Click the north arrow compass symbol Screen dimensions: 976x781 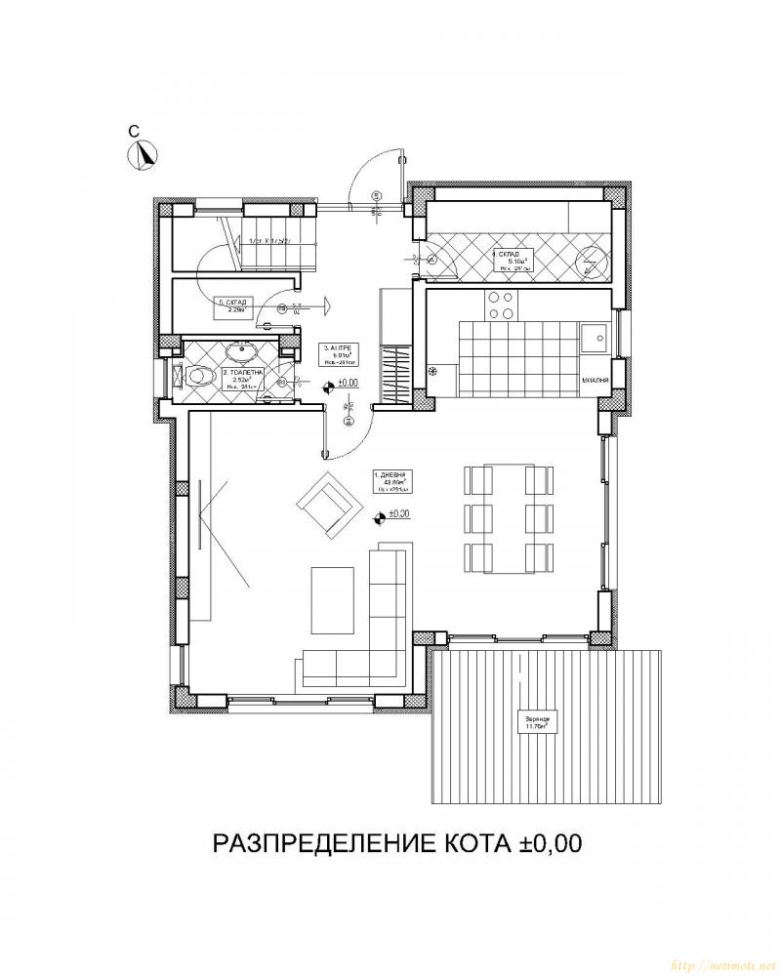pos(146,154)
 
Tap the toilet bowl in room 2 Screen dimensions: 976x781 pos(200,375)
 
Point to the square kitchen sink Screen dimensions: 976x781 pos(592,338)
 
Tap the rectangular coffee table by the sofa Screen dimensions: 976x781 pos(328,599)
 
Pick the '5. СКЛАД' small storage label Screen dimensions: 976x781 pos(232,303)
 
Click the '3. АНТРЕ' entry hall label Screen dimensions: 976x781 pos(335,347)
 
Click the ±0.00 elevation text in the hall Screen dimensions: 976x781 pos(349,385)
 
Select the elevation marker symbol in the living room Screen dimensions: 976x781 pos(379,516)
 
